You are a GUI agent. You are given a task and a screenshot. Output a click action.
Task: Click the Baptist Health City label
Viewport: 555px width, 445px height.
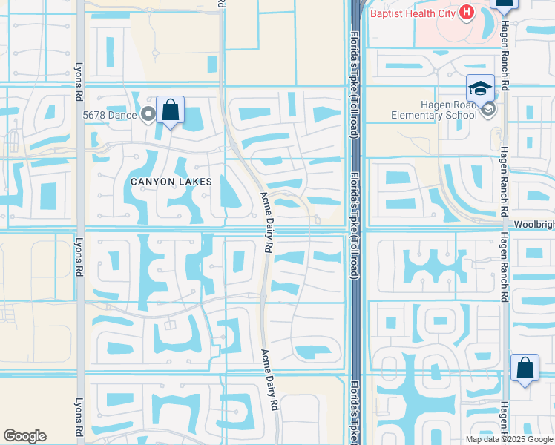click(x=413, y=13)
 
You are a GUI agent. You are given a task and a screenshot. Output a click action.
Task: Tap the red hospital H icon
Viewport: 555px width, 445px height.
click(x=466, y=12)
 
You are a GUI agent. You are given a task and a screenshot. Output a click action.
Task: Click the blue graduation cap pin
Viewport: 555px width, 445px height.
click(x=480, y=88)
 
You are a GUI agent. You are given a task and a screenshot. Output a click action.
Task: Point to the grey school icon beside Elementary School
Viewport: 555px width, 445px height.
click(x=487, y=110)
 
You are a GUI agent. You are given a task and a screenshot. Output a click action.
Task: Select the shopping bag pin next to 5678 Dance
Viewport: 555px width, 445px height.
click(x=171, y=111)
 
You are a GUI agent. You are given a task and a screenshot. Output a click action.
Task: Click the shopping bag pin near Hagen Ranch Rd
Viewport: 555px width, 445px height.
click(x=525, y=369)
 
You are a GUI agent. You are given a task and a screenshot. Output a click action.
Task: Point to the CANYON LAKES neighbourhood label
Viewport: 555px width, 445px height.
click(x=171, y=182)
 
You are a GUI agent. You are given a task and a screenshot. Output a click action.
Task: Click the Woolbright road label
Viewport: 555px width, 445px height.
click(x=533, y=223)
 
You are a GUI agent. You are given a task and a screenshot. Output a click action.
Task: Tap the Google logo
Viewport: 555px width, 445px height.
click(x=24, y=436)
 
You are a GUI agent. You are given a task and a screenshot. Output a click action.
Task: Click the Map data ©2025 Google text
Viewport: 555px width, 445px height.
click(x=510, y=438)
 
